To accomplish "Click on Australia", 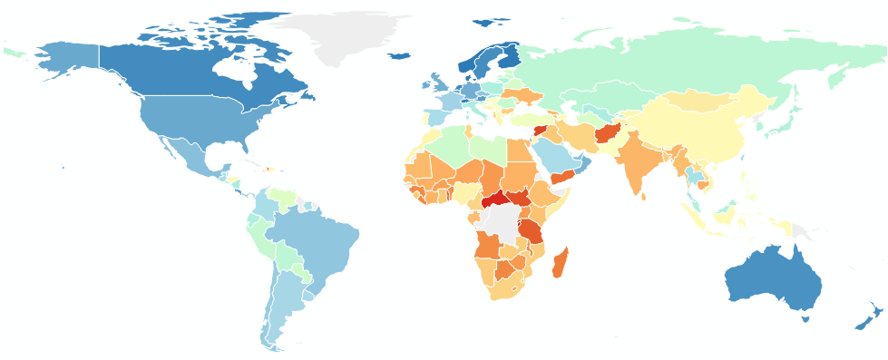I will pyautogui.click(x=771, y=277).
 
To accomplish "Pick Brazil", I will pyautogui.click(x=313, y=245).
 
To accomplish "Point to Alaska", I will pyautogui.click(x=68, y=63).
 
